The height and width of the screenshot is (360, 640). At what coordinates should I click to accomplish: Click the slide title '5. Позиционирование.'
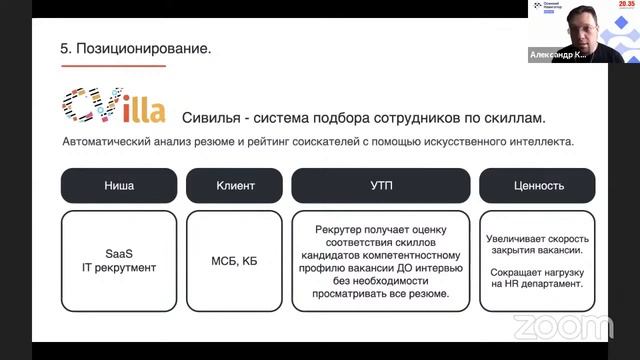(136, 47)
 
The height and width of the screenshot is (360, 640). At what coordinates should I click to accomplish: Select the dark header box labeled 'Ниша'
(119, 185)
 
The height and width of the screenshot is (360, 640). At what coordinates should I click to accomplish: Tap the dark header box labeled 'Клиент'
(235, 185)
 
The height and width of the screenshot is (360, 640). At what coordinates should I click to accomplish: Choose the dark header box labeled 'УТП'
(380, 185)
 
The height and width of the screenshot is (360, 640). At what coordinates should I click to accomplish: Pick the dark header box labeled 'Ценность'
(537, 185)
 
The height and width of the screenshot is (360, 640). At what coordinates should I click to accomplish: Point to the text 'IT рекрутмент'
(119, 268)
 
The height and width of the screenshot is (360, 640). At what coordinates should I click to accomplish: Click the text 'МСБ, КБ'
(235, 261)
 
